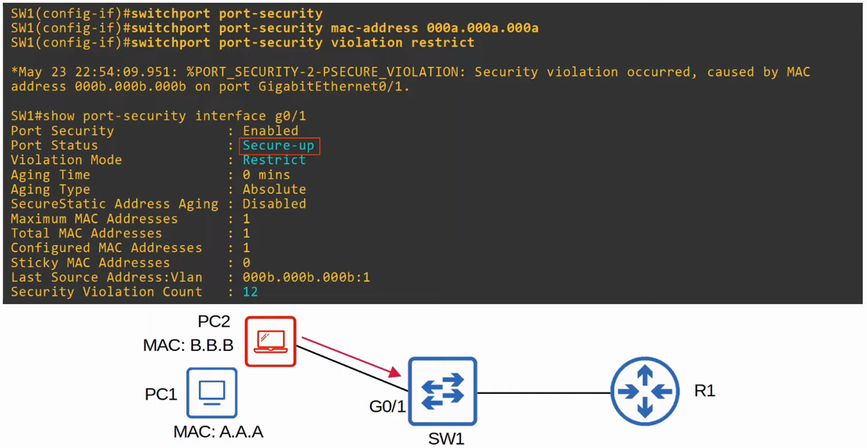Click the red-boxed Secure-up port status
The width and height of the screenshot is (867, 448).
(279, 146)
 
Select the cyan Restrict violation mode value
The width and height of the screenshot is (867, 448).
(274, 160)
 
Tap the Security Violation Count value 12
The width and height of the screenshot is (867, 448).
(250, 292)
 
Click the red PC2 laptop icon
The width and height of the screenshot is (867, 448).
(271, 341)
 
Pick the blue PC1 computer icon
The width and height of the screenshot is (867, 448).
(212, 392)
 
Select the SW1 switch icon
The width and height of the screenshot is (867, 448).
(443, 391)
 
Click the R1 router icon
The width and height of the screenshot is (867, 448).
(645, 391)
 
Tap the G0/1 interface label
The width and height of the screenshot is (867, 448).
(387, 406)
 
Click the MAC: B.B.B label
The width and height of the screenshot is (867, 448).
(188, 345)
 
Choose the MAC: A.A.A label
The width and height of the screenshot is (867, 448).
(218, 432)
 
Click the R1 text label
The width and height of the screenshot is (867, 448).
(704, 391)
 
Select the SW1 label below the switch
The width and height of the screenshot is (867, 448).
(446, 438)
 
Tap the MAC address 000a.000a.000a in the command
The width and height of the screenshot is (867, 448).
(482, 28)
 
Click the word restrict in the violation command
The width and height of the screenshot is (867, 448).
(443, 43)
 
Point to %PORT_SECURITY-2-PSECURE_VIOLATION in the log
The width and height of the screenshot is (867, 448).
(325, 72)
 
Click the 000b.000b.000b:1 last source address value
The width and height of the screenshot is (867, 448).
(306, 277)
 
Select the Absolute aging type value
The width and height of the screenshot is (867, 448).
(274, 190)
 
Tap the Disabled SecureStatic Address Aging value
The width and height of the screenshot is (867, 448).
(274, 204)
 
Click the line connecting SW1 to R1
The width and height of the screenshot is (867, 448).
(544, 393)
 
